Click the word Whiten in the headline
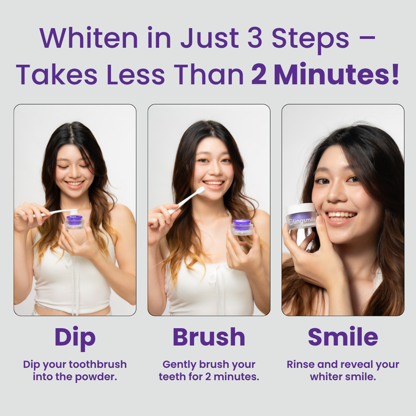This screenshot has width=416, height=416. tap(89, 37)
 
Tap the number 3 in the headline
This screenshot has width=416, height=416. tap(255, 38)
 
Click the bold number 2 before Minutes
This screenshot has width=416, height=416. tap(259, 74)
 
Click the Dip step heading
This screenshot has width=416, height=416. tap(75, 337)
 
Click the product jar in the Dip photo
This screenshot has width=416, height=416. tap(75, 222)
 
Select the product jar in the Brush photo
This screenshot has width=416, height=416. tap(242, 227)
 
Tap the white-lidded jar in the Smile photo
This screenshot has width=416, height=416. tap(302, 216)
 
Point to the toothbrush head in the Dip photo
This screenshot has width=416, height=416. tap(74, 212)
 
